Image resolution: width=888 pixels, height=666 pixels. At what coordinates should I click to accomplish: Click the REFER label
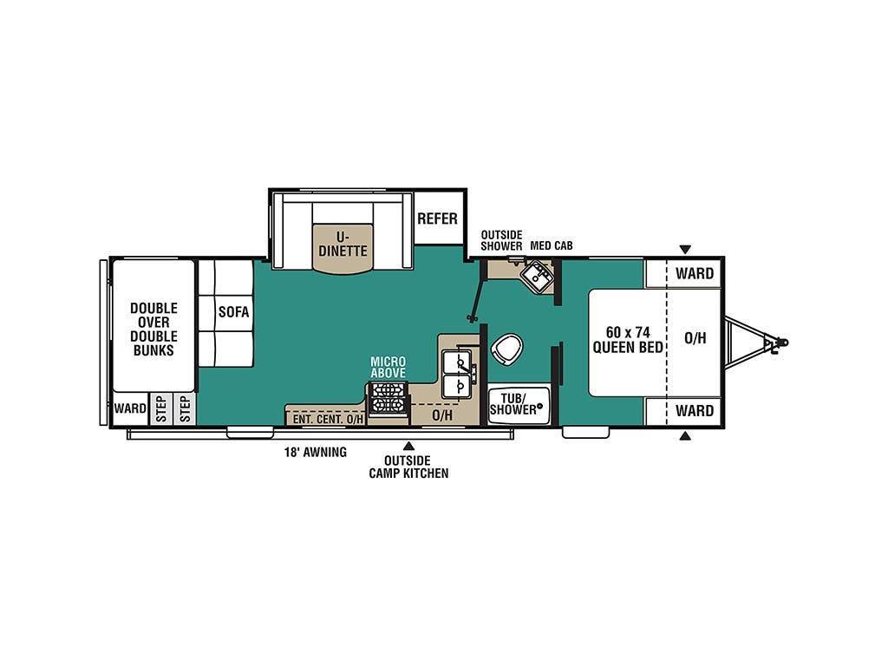[437, 219]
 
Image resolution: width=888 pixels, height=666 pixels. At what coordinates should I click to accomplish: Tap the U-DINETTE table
[343, 248]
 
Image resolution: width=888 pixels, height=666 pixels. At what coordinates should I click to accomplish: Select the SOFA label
[234, 312]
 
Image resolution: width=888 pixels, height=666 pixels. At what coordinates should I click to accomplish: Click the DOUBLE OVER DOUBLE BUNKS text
[153, 330]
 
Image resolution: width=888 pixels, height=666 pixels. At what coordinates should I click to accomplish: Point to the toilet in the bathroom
[506, 349]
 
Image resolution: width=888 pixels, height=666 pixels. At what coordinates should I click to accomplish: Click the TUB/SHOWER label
[513, 404]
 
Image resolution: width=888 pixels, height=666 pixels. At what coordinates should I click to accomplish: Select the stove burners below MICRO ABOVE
[388, 398]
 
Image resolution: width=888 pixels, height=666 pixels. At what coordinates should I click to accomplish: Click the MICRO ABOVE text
[388, 367]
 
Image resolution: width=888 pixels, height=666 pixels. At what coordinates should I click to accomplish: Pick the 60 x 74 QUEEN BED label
[628, 340]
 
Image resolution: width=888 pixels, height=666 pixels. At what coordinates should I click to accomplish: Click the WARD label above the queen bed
[695, 273]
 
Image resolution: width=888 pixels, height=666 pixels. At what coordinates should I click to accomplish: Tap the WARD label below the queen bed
[695, 410]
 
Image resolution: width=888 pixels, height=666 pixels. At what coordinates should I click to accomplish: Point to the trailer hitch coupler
[776, 343]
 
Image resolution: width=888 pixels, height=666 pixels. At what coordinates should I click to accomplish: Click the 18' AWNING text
[316, 453]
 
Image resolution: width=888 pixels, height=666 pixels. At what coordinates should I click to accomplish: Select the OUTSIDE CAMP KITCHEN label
[408, 467]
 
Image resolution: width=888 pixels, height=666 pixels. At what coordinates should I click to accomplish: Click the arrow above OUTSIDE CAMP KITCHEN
[408, 446]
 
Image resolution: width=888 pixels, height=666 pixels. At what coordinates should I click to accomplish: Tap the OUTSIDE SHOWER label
[502, 241]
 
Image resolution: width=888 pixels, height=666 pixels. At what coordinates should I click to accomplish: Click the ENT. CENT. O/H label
[327, 420]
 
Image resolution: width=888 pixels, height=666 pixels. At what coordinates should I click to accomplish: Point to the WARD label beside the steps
[130, 408]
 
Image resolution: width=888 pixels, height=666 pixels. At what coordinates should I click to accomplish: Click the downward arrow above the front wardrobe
[685, 249]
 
